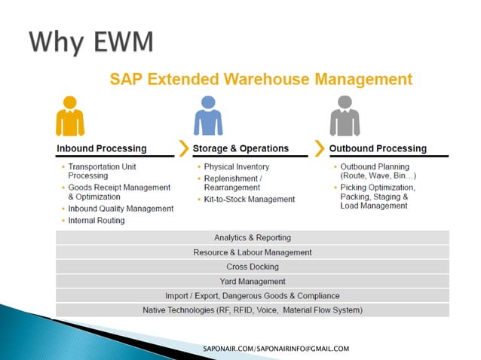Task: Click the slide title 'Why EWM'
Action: pos(91,41)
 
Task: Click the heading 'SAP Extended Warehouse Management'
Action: pos(261,79)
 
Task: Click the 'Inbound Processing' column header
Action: pos(102,148)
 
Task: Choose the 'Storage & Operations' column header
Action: pos(240,148)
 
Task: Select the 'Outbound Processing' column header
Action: pos(378,148)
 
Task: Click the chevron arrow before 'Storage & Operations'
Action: pos(183,148)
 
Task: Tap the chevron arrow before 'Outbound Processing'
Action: pos(320,148)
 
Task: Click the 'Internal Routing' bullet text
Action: pos(97,221)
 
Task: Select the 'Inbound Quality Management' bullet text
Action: pos(121,209)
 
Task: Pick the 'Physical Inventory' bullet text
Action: pos(236,166)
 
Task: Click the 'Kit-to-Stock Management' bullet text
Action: pos(250,200)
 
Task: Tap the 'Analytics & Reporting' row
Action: pos(252,238)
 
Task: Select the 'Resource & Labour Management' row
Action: pos(252,252)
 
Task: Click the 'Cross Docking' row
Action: pos(252,267)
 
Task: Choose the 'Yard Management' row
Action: pos(252,281)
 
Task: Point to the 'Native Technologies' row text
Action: pos(252,310)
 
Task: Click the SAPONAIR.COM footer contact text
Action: pos(276,349)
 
